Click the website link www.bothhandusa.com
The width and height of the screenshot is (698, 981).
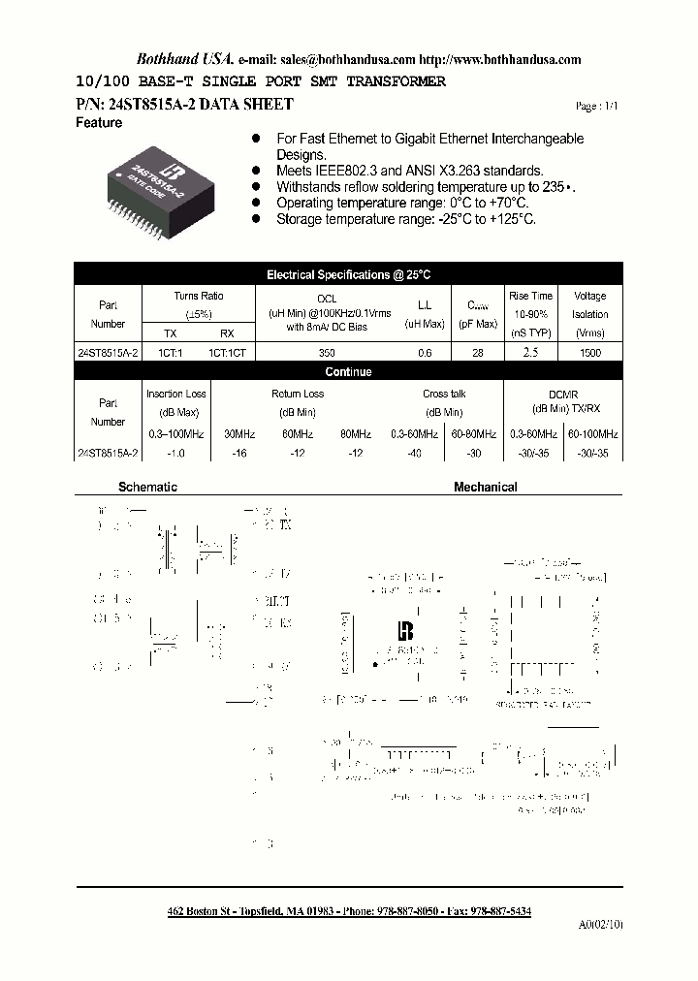515,59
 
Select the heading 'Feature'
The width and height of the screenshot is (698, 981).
99,123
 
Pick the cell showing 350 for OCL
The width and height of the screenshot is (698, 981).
327,354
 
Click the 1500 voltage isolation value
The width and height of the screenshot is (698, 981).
589,354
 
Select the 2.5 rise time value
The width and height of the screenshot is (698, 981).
530,353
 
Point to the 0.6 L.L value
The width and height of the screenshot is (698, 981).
425,354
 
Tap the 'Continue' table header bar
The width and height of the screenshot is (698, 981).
348,371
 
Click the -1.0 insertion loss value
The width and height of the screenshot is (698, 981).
175,453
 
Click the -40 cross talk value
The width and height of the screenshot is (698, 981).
415,453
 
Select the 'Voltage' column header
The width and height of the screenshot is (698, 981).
589,296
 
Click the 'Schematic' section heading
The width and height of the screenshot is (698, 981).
147,487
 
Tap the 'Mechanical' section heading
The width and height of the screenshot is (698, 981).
485,487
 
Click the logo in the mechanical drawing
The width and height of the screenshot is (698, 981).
405,629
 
